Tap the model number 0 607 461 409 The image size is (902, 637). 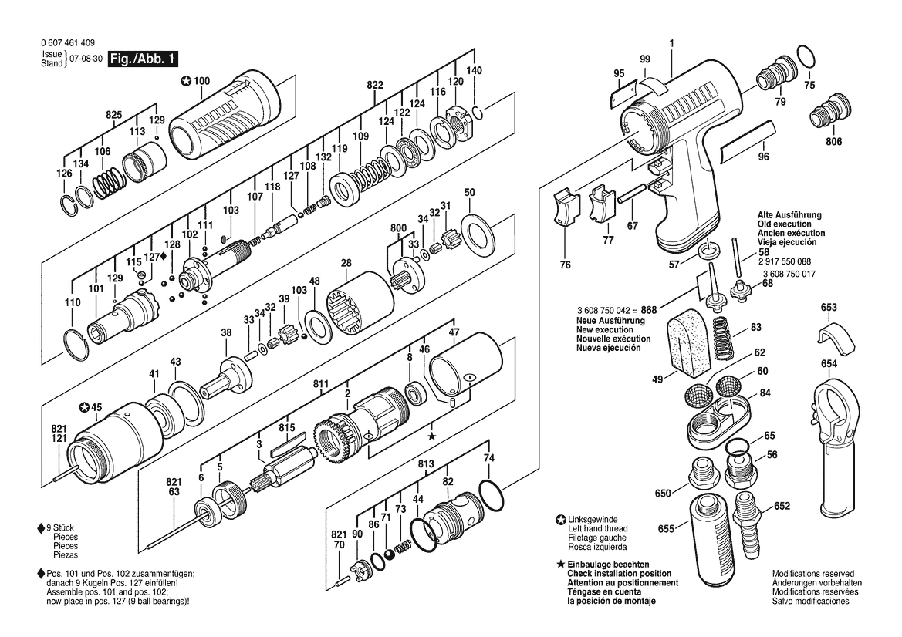70,45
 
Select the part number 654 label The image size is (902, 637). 829,363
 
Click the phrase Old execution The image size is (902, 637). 790,224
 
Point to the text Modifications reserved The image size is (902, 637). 812,574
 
